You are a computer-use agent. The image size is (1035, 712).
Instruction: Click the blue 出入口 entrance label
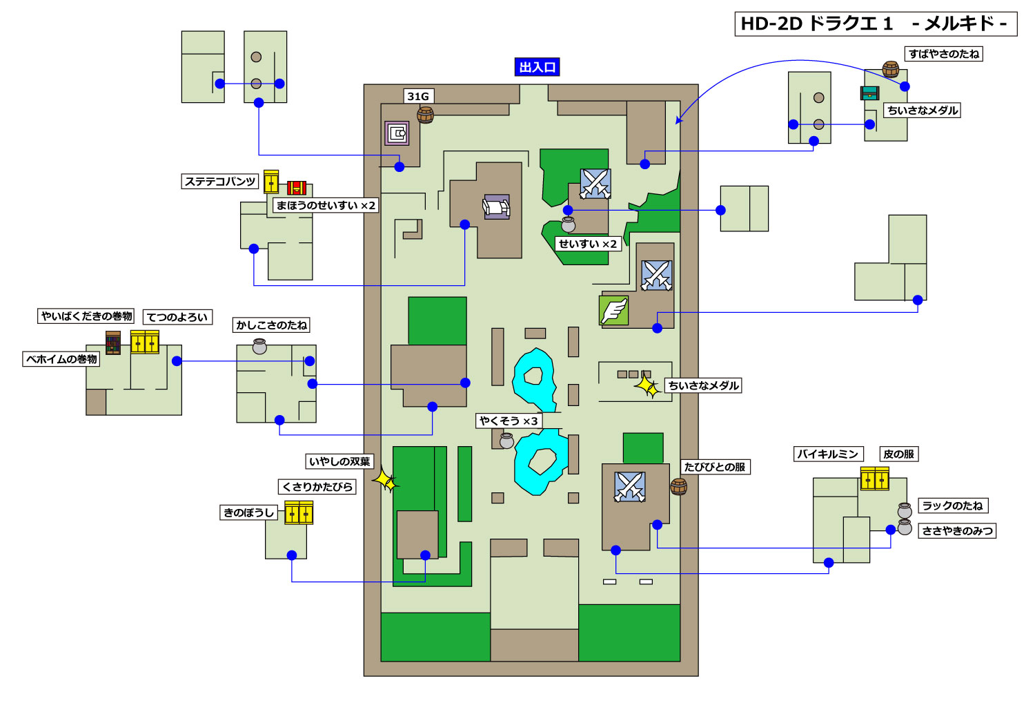tap(537, 67)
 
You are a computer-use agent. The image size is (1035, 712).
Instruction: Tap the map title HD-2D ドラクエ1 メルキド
tap(876, 24)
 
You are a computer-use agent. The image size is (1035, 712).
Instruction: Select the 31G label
tap(418, 96)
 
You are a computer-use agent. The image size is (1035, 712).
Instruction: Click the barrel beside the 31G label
tap(425, 115)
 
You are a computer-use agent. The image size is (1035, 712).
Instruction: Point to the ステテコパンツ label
tap(220, 181)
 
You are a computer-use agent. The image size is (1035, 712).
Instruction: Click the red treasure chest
tap(297, 188)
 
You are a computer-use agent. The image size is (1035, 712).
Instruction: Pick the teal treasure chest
tap(869, 93)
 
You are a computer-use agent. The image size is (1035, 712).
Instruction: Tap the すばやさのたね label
tap(943, 54)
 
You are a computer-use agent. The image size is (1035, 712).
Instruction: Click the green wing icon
tap(613, 311)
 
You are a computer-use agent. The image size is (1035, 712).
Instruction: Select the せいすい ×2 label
tap(588, 244)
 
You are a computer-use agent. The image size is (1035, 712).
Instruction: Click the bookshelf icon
tap(113, 343)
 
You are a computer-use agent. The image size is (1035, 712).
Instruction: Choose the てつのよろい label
tap(177, 317)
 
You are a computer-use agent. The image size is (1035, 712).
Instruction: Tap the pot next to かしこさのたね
tap(259, 346)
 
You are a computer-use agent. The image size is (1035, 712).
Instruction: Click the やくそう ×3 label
tap(509, 421)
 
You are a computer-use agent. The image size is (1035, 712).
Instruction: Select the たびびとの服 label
tap(715, 467)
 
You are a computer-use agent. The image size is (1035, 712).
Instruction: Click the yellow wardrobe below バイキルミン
tap(875, 479)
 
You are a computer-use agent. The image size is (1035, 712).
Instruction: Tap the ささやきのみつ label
tap(958, 531)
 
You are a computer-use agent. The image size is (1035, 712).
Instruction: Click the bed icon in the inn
tap(496, 206)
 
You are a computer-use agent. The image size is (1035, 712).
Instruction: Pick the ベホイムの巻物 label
tap(61, 359)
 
